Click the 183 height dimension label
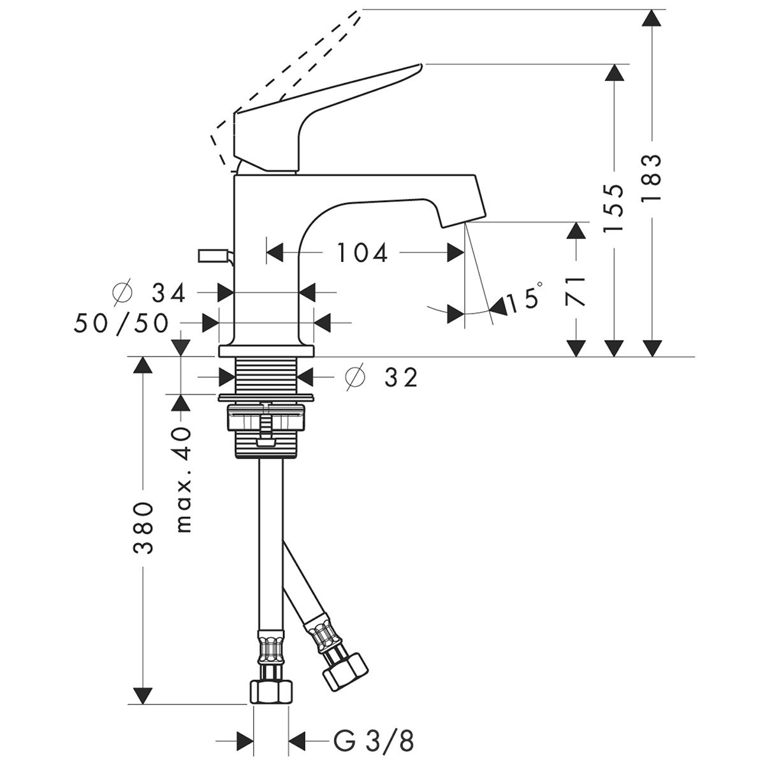(652, 178)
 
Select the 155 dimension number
(614, 208)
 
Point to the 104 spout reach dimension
(362, 253)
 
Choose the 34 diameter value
(169, 293)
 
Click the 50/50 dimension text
(122, 323)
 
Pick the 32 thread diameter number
(401, 377)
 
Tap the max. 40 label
(184, 479)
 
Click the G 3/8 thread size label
(374, 741)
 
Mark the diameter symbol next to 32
(355, 377)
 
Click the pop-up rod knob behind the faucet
(212, 256)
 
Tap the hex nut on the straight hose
(271, 691)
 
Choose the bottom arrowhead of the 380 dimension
(143, 695)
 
